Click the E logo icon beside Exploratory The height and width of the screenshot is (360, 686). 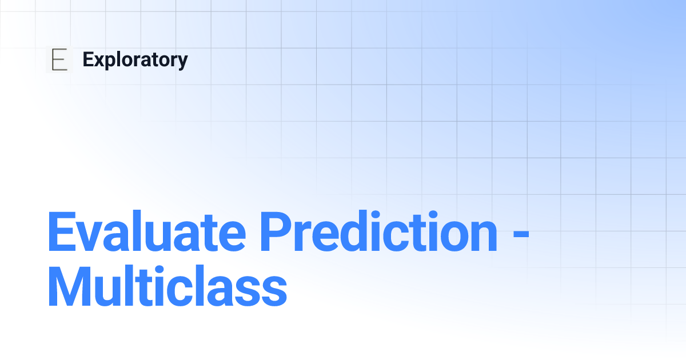point(59,60)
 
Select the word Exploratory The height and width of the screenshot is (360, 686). point(135,60)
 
